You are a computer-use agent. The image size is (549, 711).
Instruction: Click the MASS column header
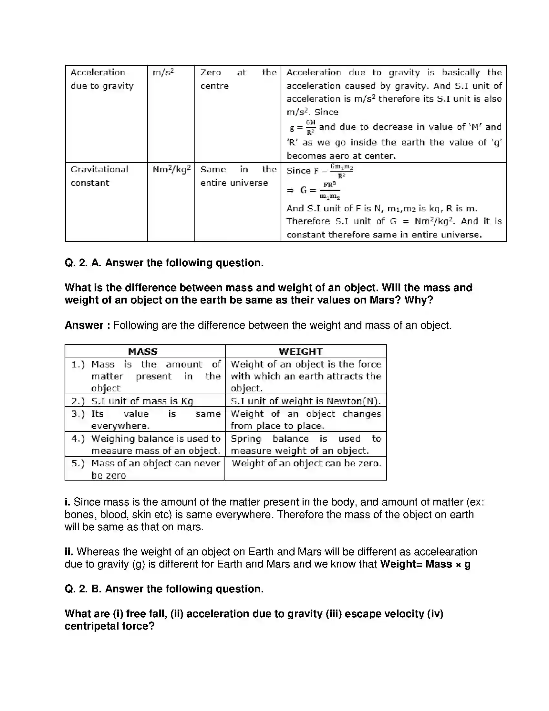[x=143, y=352]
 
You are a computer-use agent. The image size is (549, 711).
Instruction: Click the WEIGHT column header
[x=301, y=352]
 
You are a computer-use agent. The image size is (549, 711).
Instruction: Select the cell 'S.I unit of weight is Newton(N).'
[x=306, y=401]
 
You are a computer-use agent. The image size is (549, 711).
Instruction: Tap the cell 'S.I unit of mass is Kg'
[x=142, y=401]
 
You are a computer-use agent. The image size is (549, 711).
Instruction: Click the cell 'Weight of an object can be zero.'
[x=306, y=463]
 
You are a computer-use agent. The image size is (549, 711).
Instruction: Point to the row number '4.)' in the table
[x=78, y=439]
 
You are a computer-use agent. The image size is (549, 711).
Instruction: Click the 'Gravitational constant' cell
[x=99, y=176]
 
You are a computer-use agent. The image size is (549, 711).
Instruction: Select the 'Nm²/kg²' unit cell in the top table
[x=171, y=170]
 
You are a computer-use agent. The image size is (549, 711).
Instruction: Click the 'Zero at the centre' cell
[x=238, y=79]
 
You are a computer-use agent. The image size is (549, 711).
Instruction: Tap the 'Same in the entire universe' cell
[x=238, y=176]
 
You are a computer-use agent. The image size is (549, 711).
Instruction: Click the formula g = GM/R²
[x=303, y=127]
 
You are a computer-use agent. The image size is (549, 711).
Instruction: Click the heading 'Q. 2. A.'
[x=83, y=263]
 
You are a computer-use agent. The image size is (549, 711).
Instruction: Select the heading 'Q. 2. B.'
[x=83, y=589]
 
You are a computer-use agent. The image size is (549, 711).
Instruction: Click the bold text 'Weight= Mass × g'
[x=425, y=564]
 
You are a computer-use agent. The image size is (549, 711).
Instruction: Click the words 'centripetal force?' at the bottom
[x=109, y=626]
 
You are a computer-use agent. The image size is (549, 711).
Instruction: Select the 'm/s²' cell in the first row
[x=163, y=72]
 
